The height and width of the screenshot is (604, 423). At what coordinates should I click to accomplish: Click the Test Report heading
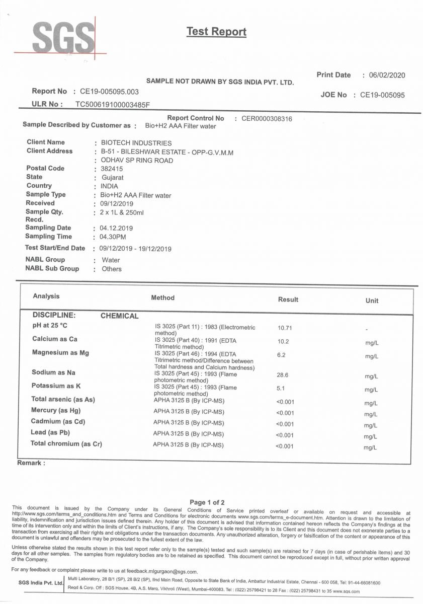point(216,32)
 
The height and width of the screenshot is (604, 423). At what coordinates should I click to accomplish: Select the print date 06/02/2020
point(386,75)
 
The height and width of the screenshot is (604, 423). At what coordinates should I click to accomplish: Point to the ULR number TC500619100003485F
point(113,104)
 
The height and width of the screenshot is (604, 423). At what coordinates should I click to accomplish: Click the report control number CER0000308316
point(267,119)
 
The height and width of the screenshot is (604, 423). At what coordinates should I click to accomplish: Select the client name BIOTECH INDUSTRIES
point(136,143)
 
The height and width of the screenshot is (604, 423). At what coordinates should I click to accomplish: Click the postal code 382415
point(111,169)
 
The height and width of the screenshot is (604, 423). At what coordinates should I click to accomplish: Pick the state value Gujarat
point(112,178)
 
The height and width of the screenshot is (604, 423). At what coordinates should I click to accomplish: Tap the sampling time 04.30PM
point(113,237)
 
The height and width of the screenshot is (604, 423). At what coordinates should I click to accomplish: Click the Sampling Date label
point(48,228)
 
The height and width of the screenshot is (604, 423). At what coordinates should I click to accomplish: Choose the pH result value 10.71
point(285,328)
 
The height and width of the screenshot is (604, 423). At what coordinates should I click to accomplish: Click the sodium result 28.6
point(283,375)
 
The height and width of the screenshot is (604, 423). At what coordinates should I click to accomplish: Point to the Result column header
point(288,299)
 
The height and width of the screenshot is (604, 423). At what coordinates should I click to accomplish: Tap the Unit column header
point(372,300)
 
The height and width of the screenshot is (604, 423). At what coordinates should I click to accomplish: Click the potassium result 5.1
point(281,389)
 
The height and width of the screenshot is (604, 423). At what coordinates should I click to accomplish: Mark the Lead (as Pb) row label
point(51,432)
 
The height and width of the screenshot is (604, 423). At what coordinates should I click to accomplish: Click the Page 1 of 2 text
point(207,502)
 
